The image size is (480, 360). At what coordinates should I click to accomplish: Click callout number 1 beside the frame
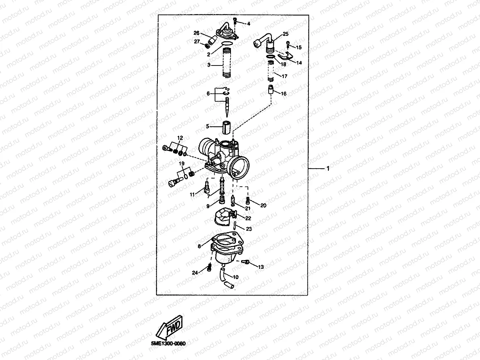(328, 169)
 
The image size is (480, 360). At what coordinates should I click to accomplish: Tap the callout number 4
(249, 24)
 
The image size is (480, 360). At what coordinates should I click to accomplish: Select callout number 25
(286, 34)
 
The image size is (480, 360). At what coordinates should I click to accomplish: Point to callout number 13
(261, 267)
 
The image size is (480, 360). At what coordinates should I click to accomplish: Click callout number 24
(195, 273)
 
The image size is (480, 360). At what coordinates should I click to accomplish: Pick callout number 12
(180, 138)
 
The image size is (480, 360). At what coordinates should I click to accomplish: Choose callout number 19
(182, 164)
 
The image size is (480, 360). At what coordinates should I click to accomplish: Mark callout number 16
(283, 94)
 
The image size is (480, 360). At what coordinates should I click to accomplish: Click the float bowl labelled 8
(224, 250)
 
